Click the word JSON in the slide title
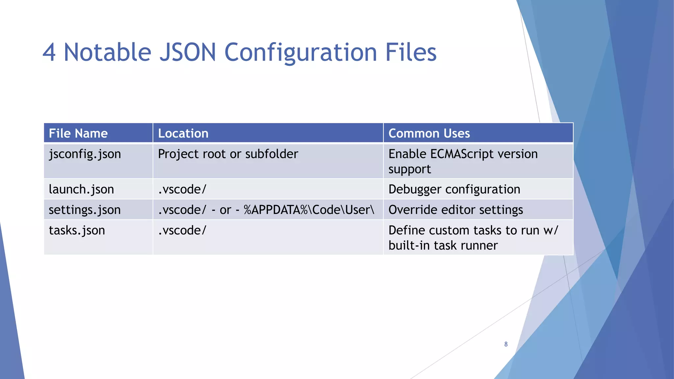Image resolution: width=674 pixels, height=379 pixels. (x=188, y=52)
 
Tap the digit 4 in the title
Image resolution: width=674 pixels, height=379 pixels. (x=49, y=53)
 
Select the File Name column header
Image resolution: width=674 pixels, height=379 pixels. (x=78, y=133)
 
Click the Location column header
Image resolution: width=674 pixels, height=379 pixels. (x=183, y=133)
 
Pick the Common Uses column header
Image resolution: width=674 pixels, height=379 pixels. (x=429, y=133)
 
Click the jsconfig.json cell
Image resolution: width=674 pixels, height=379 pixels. (x=85, y=154)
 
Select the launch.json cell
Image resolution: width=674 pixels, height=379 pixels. (x=81, y=189)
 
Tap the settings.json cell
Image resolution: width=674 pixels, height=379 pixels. (x=85, y=210)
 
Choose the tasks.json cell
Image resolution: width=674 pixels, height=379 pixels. (x=77, y=230)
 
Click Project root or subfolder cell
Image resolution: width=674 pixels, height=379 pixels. (x=228, y=154)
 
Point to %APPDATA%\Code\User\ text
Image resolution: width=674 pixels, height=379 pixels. (x=309, y=210)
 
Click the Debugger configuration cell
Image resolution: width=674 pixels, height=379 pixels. (x=454, y=189)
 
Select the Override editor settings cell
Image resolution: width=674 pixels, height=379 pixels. (x=456, y=210)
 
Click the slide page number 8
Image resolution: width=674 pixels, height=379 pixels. (x=506, y=344)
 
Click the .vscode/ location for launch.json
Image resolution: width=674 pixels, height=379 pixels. (x=182, y=189)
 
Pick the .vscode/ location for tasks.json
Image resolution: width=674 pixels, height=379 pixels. (x=182, y=230)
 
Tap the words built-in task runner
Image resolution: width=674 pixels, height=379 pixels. (x=443, y=245)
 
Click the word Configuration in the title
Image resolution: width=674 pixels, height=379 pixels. (x=300, y=53)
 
